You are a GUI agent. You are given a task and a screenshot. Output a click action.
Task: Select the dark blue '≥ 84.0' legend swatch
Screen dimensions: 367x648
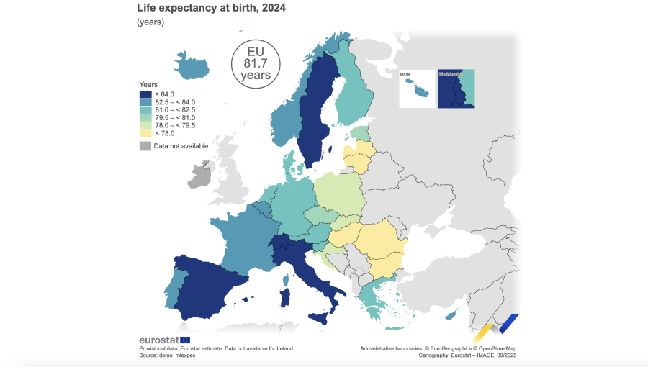tap(145, 94)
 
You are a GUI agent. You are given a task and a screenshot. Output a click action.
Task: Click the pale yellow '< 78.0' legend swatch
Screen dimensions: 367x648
tap(145, 133)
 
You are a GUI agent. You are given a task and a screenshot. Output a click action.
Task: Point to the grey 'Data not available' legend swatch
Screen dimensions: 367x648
tap(145, 146)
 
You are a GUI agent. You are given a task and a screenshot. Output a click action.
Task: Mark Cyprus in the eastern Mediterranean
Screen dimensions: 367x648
tap(451, 314)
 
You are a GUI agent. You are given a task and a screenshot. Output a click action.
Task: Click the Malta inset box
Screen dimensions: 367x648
tap(417, 89)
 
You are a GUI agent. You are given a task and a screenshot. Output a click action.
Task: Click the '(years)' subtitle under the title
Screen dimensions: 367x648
tap(150, 22)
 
